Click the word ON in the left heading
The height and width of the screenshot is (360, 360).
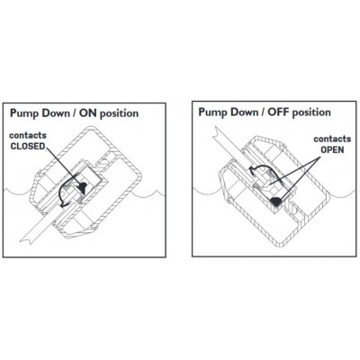click(89, 113)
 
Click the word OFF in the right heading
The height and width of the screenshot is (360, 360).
click(279, 112)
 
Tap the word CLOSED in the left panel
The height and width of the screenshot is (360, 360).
click(28, 146)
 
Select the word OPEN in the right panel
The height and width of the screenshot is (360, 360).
click(332, 149)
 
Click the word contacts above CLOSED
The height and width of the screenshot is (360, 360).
click(28, 135)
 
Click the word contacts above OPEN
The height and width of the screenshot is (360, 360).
click(332, 139)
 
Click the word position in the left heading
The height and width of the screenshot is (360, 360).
click(119, 113)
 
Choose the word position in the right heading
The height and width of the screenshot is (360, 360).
click(311, 112)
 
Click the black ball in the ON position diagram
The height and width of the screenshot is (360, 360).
click(82, 187)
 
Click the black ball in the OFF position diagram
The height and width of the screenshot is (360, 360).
click(276, 202)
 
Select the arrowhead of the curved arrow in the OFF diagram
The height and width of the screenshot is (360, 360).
click(252, 171)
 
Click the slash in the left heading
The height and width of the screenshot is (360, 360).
click(76, 113)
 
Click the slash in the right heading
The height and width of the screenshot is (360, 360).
click(263, 112)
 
